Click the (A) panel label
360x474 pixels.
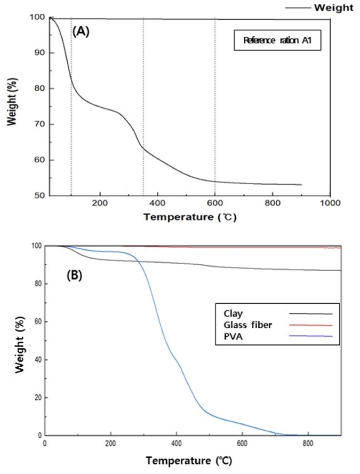[81, 31]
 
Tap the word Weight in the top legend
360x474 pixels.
[333, 7]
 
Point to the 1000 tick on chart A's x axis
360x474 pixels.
[331, 203]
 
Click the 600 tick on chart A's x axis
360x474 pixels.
[215, 203]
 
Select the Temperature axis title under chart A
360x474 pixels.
[189, 218]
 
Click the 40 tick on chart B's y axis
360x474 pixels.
[36, 360]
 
